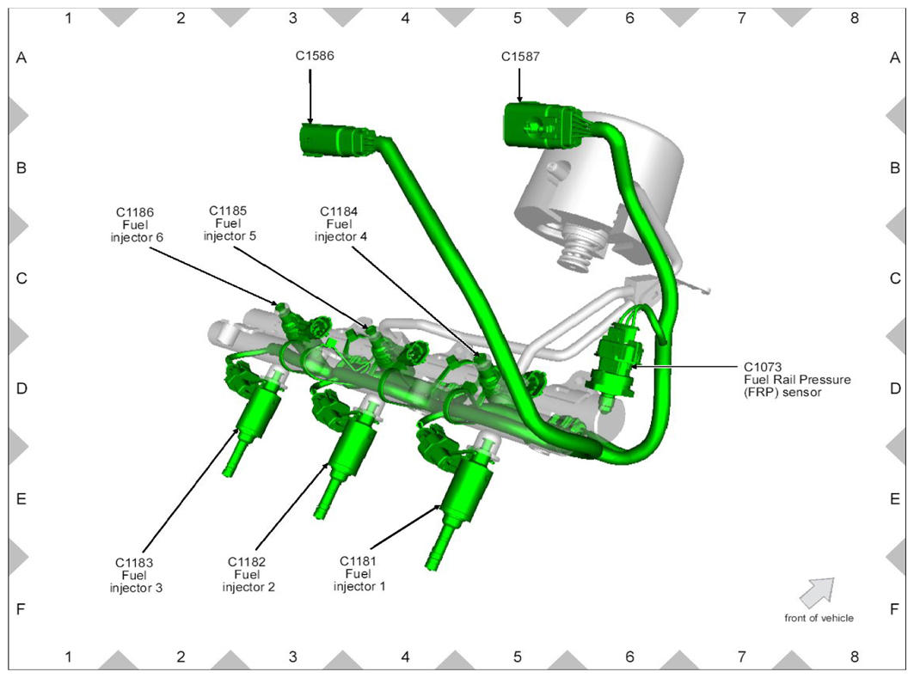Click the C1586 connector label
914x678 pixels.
315,56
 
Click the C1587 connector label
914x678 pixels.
520,57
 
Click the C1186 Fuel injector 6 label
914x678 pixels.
137,225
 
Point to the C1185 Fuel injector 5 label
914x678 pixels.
230,223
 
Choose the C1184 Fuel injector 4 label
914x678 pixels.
340,224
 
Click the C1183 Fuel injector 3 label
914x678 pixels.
136,575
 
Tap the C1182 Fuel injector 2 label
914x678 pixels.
248,574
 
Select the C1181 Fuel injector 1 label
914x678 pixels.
359,574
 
